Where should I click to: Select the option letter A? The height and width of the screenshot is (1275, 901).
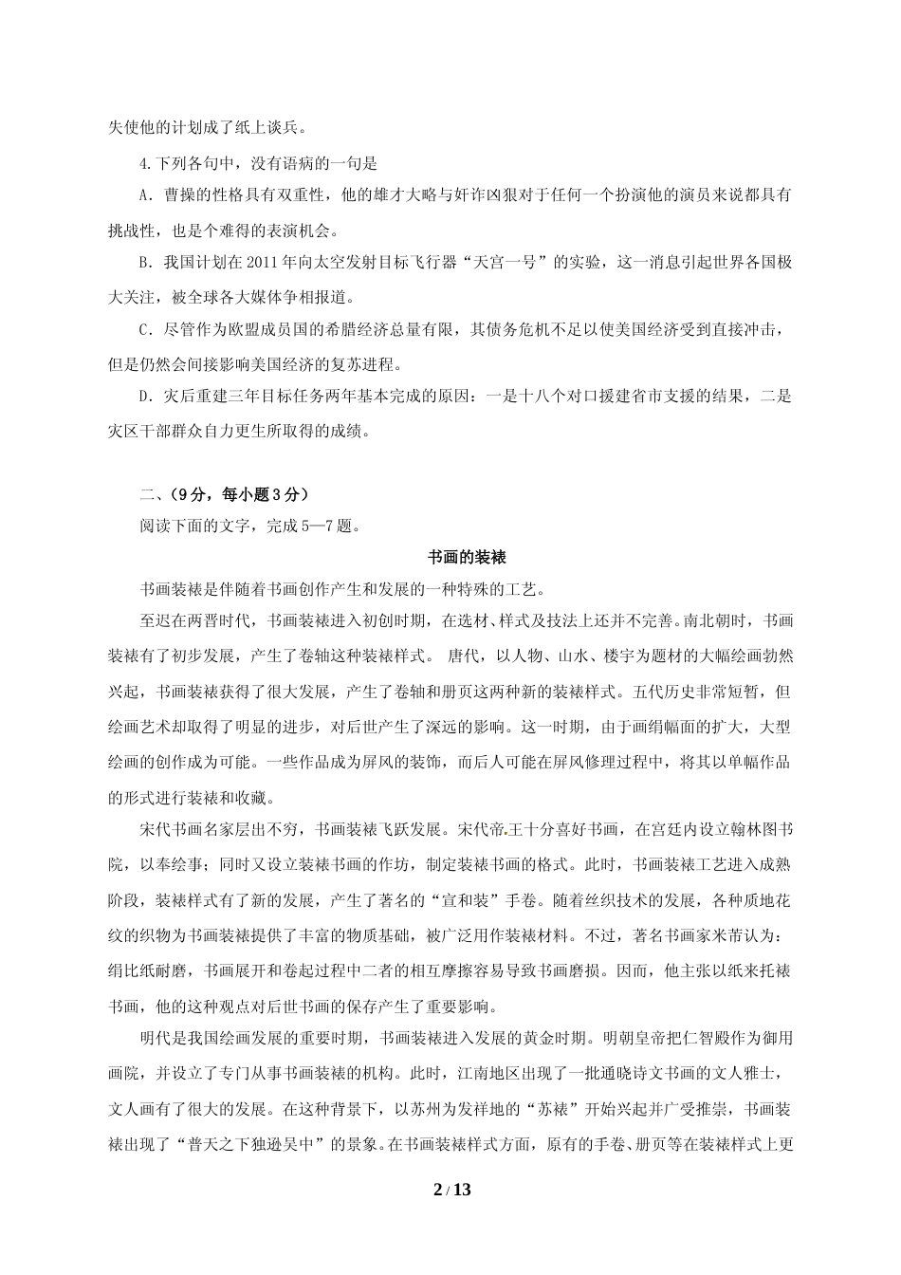[145, 195]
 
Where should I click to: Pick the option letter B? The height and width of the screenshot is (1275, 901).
[145, 263]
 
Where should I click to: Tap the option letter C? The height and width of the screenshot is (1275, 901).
[145, 330]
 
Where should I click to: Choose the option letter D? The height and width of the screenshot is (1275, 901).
[145, 397]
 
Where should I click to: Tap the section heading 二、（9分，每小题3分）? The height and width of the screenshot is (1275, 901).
[224, 494]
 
